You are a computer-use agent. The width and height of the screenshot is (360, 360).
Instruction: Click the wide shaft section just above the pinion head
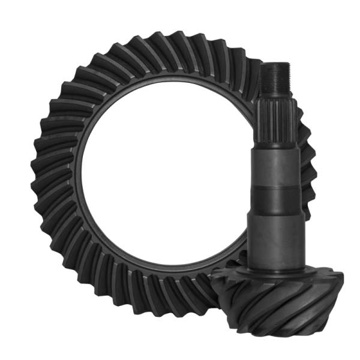point(274,234)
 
